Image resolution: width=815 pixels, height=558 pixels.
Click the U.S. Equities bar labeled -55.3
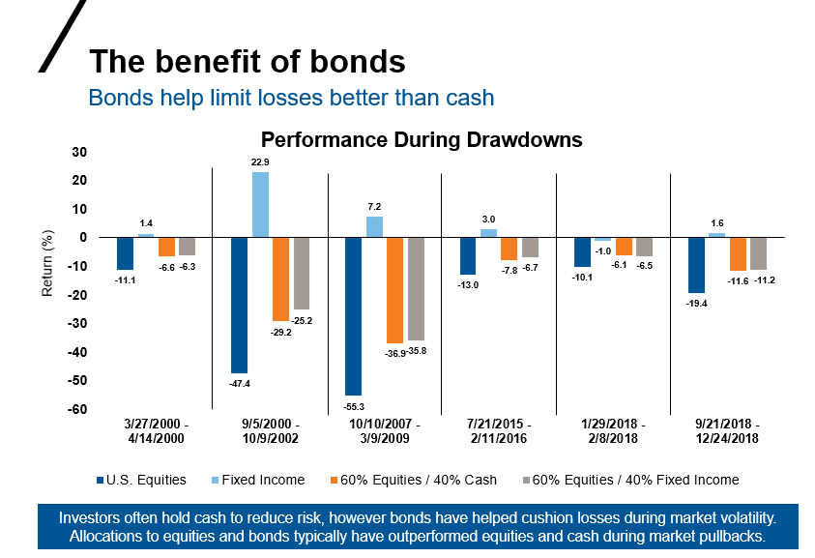pyautogui.click(x=355, y=316)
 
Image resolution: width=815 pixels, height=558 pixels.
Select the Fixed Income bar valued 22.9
pyautogui.click(x=260, y=205)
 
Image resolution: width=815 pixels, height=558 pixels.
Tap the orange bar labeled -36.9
pyautogui.click(x=394, y=290)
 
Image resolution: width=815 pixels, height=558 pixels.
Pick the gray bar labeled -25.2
pyautogui.click(x=302, y=273)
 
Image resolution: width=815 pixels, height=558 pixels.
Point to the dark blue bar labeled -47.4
pyautogui.click(x=239, y=305)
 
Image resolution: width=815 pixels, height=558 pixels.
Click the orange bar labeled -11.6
pyautogui.click(x=739, y=253)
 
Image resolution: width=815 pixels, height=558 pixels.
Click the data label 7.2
pyautogui.click(x=375, y=208)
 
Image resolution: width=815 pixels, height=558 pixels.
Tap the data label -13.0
pyautogui.click(x=468, y=283)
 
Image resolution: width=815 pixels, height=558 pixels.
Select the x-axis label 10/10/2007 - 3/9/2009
pyautogui.click(x=384, y=431)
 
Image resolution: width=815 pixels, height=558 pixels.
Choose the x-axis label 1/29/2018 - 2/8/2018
pyautogui.click(x=613, y=431)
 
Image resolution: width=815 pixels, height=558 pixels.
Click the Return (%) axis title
pyautogui.click(x=46, y=263)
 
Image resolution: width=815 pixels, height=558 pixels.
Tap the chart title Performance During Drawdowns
pyautogui.click(x=422, y=139)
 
